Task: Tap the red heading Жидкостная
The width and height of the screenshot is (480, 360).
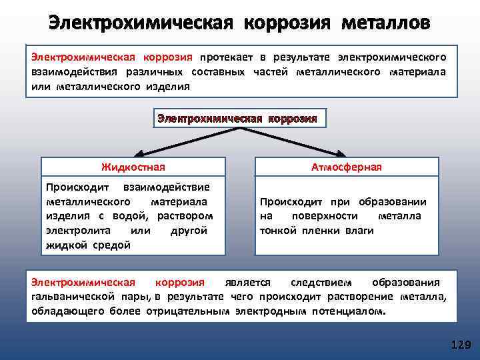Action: pyautogui.click(x=133, y=167)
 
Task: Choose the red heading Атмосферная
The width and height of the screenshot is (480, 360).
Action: pyautogui.click(x=346, y=167)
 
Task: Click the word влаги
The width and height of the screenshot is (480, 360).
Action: pyautogui.click(x=359, y=230)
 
